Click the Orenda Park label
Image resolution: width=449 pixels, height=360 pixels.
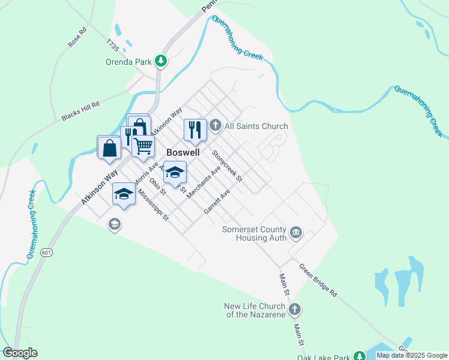click(x=128, y=61)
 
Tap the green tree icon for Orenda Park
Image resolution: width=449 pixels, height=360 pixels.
click(x=160, y=61)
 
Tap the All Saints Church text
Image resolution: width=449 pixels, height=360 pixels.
click(x=256, y=126)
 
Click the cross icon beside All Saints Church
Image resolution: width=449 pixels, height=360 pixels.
click(x=216, y=126)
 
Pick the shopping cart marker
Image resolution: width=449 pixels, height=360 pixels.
click(x=143, y=145)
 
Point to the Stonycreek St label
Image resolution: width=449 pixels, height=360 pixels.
click(x=227, y=166)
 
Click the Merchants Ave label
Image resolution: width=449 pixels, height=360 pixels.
click(x=204, y=182)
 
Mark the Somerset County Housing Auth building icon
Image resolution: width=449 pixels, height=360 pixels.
click(x=295, y=232)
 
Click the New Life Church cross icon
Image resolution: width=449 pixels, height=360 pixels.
click(x=294, y=310)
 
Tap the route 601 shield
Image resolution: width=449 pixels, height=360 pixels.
click(x=46, y=253)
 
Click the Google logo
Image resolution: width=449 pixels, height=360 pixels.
click(x=20, y=353)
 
